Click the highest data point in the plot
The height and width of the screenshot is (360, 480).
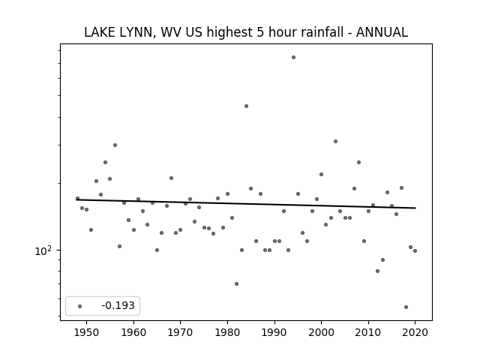point(293,57)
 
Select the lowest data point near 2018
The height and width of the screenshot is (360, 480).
point(406,307)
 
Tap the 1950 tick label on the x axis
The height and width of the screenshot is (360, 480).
point(87,332)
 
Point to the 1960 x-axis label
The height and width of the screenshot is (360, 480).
point(133,332)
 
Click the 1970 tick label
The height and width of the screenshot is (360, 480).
point(180,332)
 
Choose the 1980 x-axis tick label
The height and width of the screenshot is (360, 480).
point(227,332)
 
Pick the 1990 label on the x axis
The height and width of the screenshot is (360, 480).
point(274,332)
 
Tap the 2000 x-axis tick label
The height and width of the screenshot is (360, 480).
point(321,332)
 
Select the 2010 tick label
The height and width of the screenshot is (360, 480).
point(368,332)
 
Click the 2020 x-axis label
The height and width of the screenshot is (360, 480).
point(415,332)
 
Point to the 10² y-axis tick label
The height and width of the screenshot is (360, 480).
point(43,250)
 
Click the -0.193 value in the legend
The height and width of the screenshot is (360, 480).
point(118,305)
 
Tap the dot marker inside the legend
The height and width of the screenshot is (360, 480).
point(80,306)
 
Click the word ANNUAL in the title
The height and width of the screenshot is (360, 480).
point(382,32)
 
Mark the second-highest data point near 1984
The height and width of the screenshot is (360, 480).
point(246,106)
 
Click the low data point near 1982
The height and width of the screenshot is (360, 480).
point(237,283)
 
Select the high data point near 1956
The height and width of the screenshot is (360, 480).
point(115,145)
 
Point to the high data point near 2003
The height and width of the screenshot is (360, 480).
point(335,142)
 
